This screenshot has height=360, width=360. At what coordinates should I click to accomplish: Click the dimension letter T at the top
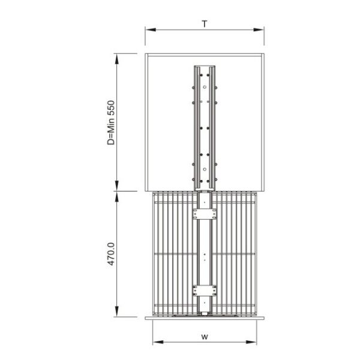pyautogui.click(x=205, y=23)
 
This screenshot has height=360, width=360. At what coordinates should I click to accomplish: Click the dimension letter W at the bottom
pyautogui.click(x=205, y=337)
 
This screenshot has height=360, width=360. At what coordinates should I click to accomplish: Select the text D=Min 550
pyautogui.click(x=111, y=122)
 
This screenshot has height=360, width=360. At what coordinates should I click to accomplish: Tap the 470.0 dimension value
pyautogui.click(x=111, y=254)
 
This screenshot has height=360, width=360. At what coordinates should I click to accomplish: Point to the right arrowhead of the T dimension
pyautogui.click(x=259, y=29)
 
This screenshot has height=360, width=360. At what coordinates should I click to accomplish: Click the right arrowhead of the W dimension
pyautogui.click(x=251, y=342)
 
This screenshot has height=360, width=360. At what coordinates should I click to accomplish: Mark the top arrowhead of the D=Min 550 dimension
pyautogui.click(x=117, y=59)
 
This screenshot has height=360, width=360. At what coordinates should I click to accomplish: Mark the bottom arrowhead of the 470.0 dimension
pyautogui.click(x=117, y=311)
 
